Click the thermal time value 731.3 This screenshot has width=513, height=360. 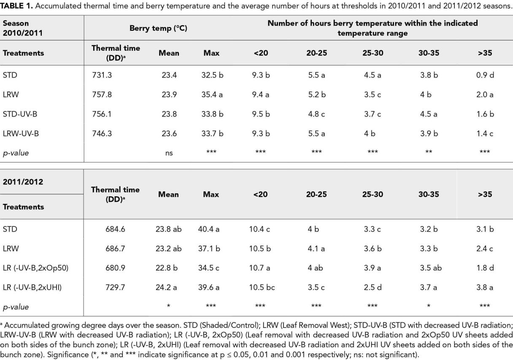(x=102, y=75)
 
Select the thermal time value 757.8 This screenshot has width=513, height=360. (x=102, y=95)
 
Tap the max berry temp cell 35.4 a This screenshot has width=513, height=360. (x=212, y=95)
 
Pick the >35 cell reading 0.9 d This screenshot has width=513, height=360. (x=485, y=75)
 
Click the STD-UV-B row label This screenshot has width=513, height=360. (x=20, y=114)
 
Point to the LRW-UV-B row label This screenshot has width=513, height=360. (x=21, y=133)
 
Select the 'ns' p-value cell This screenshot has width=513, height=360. (x=169, y=153)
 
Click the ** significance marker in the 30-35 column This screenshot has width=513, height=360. (x=429, y=152)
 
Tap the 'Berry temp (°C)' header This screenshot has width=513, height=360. (x=158, y=28)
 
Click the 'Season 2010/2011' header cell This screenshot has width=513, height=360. (x=23, y=28)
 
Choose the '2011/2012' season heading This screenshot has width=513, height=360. (x=23, y=182)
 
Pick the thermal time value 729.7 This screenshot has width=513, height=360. (x=115, y=287)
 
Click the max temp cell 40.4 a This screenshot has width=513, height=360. (x=209, y=229)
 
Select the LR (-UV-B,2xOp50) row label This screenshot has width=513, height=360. (x=35, y=268)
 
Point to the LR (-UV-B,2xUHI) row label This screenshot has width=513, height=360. (x=32, y=287)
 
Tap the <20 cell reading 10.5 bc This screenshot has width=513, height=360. (x=262, y=287)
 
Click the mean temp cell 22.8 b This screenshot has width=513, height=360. (x=167, y=268)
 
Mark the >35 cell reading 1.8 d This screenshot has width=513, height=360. (x=485, y=268)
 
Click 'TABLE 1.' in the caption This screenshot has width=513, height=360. (x=16, y=6)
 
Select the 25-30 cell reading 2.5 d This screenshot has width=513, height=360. (x=373, y=287)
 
